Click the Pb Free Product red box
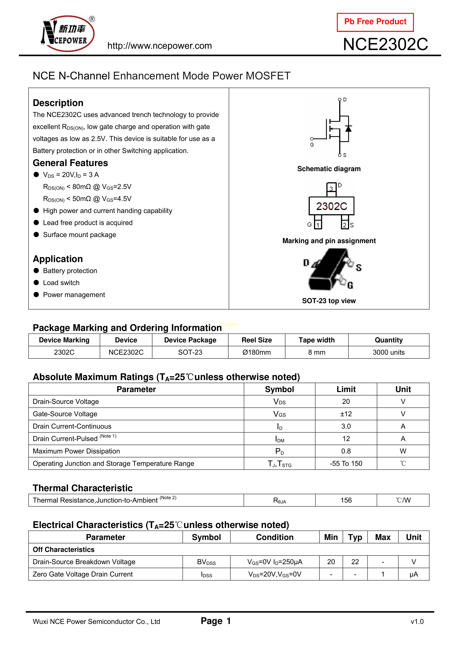(x=375, y=22)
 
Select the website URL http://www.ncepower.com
(x=159, y=46)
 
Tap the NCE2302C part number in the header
(x=385, y=44)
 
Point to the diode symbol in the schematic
(x=349, y=129)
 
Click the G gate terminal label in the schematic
(x=312, y=145)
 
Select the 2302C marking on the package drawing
(x=331, y=206)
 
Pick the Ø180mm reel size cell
(x=257, y=352)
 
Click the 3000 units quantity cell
(x=389, y=352)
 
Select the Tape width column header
(x=317, y=340)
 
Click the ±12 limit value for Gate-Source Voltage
(x=346, y=414)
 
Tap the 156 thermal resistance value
(x=346, y=500)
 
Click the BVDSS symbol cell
(x=206, y=562)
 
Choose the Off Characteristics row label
(x=64, y=550)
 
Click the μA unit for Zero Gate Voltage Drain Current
(x=414, y=574)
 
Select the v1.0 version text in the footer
(x=417, y=621)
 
